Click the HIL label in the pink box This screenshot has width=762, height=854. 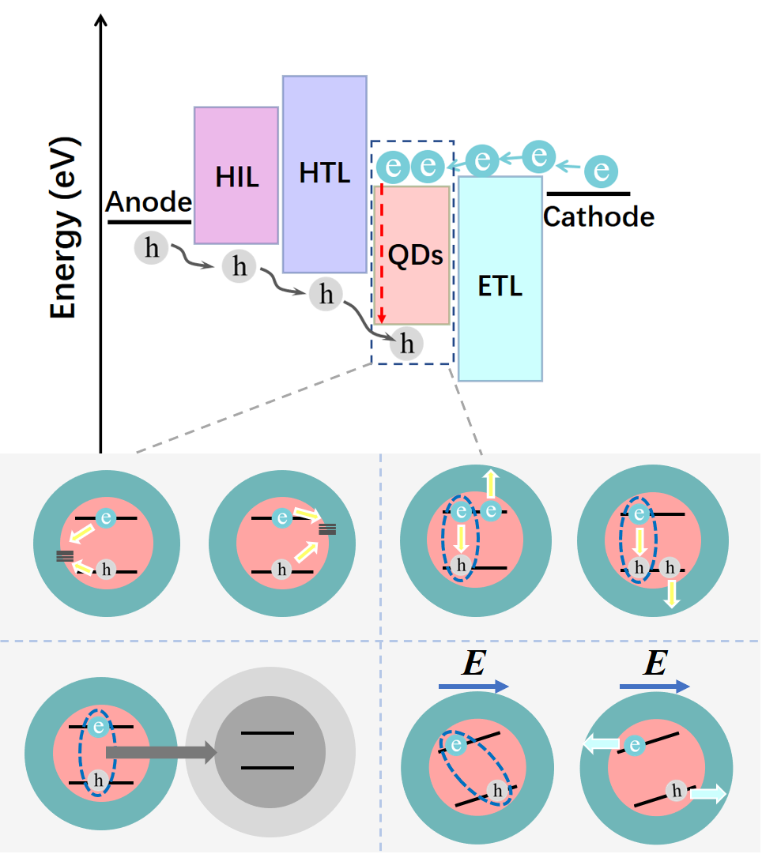pos(236,177)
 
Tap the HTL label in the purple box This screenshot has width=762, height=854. pos(324,172)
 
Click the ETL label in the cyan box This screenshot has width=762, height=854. pos(500,287)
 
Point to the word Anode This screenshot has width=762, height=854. pos(149,202)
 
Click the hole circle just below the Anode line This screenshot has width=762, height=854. pos(151,248)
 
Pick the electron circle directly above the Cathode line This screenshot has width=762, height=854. pos(601,171)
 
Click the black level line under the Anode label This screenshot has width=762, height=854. pos(149,222)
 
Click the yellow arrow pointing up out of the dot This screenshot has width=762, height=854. pos(491,483)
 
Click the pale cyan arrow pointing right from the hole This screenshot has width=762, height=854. pos(707,794)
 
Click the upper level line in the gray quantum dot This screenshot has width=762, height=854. pos(267,734)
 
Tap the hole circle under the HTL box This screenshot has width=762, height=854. pos(326,294)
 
